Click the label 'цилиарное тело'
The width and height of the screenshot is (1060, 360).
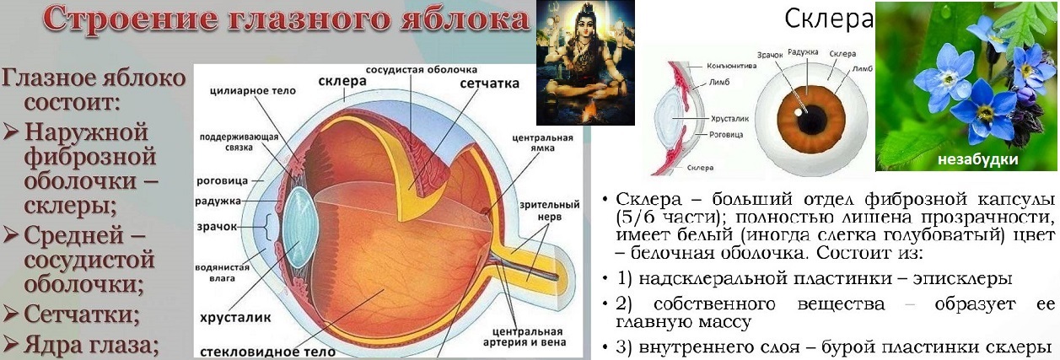253,90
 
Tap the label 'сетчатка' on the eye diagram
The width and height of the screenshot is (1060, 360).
489,83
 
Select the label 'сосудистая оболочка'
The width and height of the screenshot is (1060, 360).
421,69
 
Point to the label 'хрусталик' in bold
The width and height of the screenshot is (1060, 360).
235,318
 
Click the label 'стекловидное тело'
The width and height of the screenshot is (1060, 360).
267,352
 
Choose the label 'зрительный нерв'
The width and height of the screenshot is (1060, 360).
550,211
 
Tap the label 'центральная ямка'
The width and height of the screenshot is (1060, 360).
542,142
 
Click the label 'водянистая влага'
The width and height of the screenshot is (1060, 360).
222,273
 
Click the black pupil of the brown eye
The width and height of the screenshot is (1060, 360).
811,117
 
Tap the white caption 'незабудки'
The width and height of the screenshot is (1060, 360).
977,159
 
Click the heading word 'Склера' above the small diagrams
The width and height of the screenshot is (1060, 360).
828,19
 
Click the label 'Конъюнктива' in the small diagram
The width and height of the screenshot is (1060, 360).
731,65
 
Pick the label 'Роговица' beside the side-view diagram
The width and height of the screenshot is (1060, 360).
726,134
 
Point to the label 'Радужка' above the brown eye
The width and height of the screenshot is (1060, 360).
803,52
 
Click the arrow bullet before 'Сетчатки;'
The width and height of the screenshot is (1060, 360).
10,313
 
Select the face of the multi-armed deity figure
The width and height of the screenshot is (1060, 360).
585,33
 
